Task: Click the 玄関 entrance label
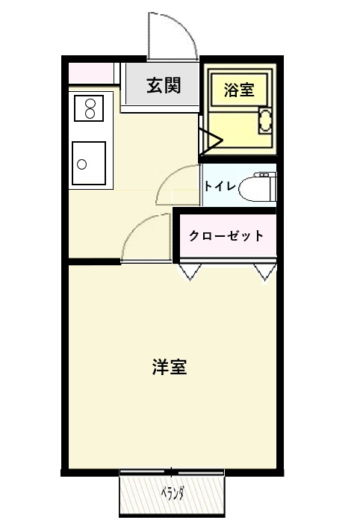click(164, 85)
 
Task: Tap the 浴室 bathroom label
click(239, 90)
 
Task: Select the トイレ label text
click(220, 186)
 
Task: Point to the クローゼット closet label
click(226, 236)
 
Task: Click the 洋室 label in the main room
click(170, 367)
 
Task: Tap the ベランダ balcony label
click(173, 493)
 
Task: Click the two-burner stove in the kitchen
click(89, 108)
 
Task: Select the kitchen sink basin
click(89, 163)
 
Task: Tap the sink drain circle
click(81, 164)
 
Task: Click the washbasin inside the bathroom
click(265, 120)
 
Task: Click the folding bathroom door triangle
click(211, 141)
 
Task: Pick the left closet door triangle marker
click(190, 272)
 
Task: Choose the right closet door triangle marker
click(265, 272)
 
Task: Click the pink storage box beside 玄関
click(91, 73)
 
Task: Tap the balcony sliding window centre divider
click(171, 472)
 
